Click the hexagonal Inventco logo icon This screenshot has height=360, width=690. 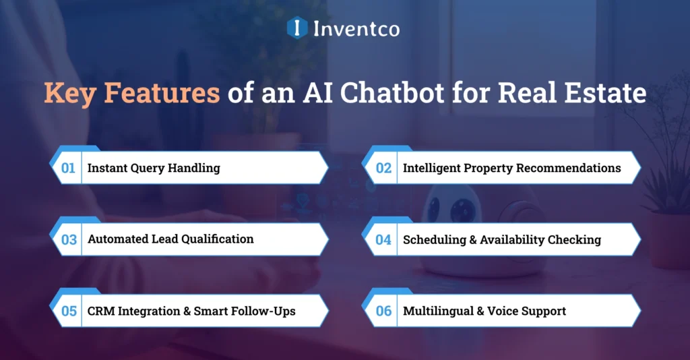pyautogui.click(x=297, y=28)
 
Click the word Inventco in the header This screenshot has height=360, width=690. pyautogui.click(x=356, y=29)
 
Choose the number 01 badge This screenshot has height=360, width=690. pyautogui.click(x=68, y=168)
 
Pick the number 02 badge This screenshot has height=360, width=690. pyautogui.click(x=383, y=168)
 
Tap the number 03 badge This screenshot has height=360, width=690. pyautogui.click(x=69, y=239)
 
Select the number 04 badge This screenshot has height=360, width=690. pyautogui.click(x=383, y=239)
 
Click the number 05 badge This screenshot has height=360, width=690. pyautogui.click(x=69, y=311)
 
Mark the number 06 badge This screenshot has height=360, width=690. pyautogui.click(x=383, y=311)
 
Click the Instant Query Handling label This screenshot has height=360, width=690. pyautogui.click(x=154, y=168)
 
